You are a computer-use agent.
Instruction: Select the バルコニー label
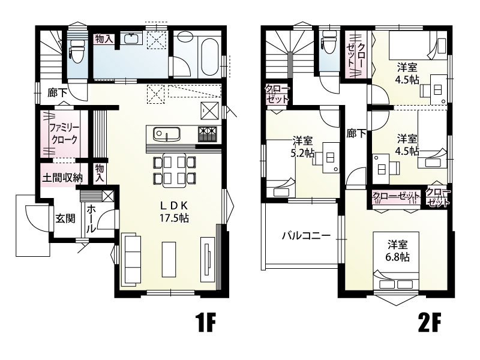pos(306,236)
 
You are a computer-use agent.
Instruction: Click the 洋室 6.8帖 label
pos(397,251)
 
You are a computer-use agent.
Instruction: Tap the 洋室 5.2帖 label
pos(302,147)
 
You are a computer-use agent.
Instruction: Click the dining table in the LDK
pos(175,169)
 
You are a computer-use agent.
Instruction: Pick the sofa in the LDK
pos(131,259)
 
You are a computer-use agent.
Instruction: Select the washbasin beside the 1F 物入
pos(131,40)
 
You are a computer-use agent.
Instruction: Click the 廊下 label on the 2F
pos(356,134)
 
